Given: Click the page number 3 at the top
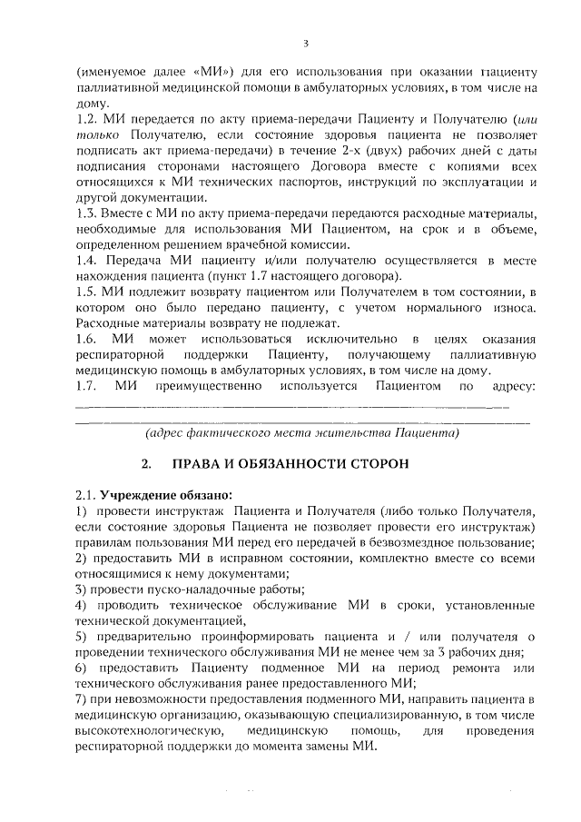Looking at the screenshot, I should pos(306,44).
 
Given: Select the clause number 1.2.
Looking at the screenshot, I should pos(85,119).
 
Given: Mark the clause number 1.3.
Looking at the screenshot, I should pos(85,213).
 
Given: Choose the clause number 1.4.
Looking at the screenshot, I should pos(85,261).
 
